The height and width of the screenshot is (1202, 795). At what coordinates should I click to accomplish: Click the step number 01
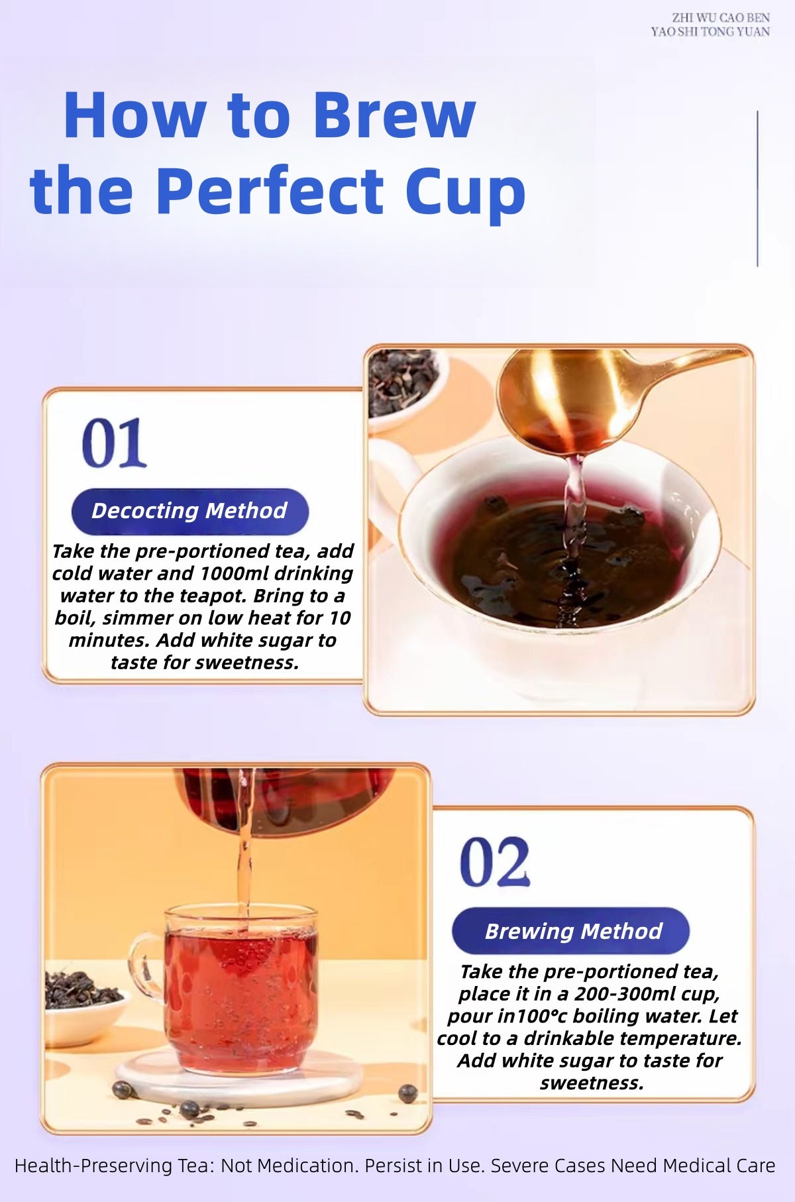pyautogui.click(x=114, y=443)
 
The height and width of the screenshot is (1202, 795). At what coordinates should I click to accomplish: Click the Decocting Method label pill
pyautogui.click(x=190, y=511)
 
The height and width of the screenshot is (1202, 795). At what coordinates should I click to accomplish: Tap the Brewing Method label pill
pyautogui.click(x=571, y=931)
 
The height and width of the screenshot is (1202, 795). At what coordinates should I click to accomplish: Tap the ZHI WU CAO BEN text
pyautogui.click(x=720, y=18)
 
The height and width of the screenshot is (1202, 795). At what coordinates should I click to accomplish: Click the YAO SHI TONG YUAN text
pyautogui.click(x=710, y=31)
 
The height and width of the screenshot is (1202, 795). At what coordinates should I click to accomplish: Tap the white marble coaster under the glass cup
pyautogui.click(x=240, y=1077)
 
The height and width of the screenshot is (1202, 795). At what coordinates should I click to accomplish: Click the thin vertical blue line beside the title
pyautogui.click(x=757, y=189)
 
